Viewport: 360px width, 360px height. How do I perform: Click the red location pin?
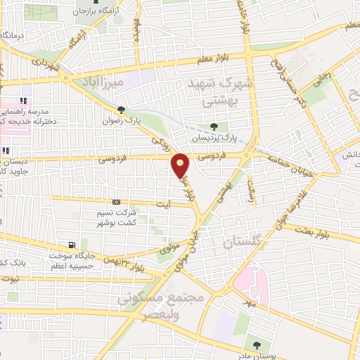tap(181, 166)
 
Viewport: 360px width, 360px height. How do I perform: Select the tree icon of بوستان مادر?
tap(258, 345)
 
